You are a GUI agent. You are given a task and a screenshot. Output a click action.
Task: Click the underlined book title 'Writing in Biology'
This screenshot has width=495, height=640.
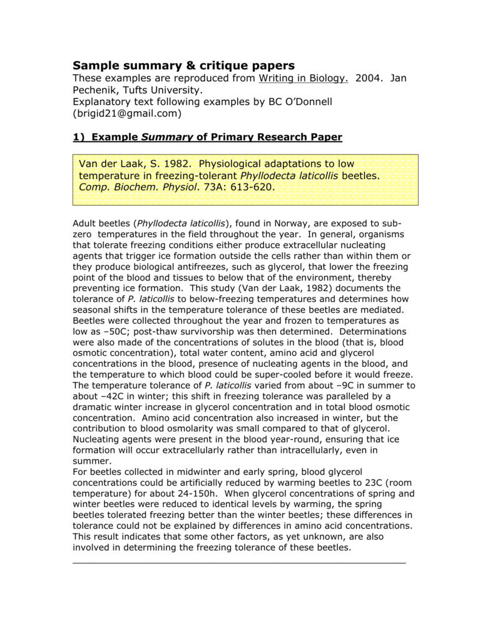(303, 78)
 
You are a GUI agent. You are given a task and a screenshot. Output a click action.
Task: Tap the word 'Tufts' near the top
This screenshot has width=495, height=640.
(140, 90)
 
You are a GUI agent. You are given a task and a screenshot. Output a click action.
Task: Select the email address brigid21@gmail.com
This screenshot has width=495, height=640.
(127, 114)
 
